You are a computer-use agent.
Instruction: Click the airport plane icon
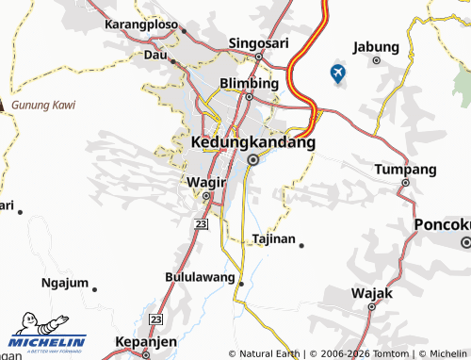coord(338,73)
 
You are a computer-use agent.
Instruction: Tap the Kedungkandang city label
coord(252,142)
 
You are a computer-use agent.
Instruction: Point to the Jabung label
coord(376,46)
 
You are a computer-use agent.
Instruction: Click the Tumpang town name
coord(406,170)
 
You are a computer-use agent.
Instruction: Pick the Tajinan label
coord(273,239)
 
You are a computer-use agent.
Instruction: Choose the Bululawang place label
coord(202,279)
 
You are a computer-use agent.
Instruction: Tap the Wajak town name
coord(371,293)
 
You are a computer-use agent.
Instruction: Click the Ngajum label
coord(65,283)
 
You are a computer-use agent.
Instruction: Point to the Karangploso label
coord(143,23)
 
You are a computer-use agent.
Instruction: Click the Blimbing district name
coord(249,83)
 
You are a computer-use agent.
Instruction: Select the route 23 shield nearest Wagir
coord(200,222)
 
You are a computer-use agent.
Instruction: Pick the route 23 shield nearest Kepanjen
coord(154,320)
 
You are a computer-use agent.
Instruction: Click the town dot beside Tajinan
coord(301,245)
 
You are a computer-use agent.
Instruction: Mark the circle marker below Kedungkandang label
coord(252,160)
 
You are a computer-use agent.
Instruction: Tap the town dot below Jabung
coord(376,60)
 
